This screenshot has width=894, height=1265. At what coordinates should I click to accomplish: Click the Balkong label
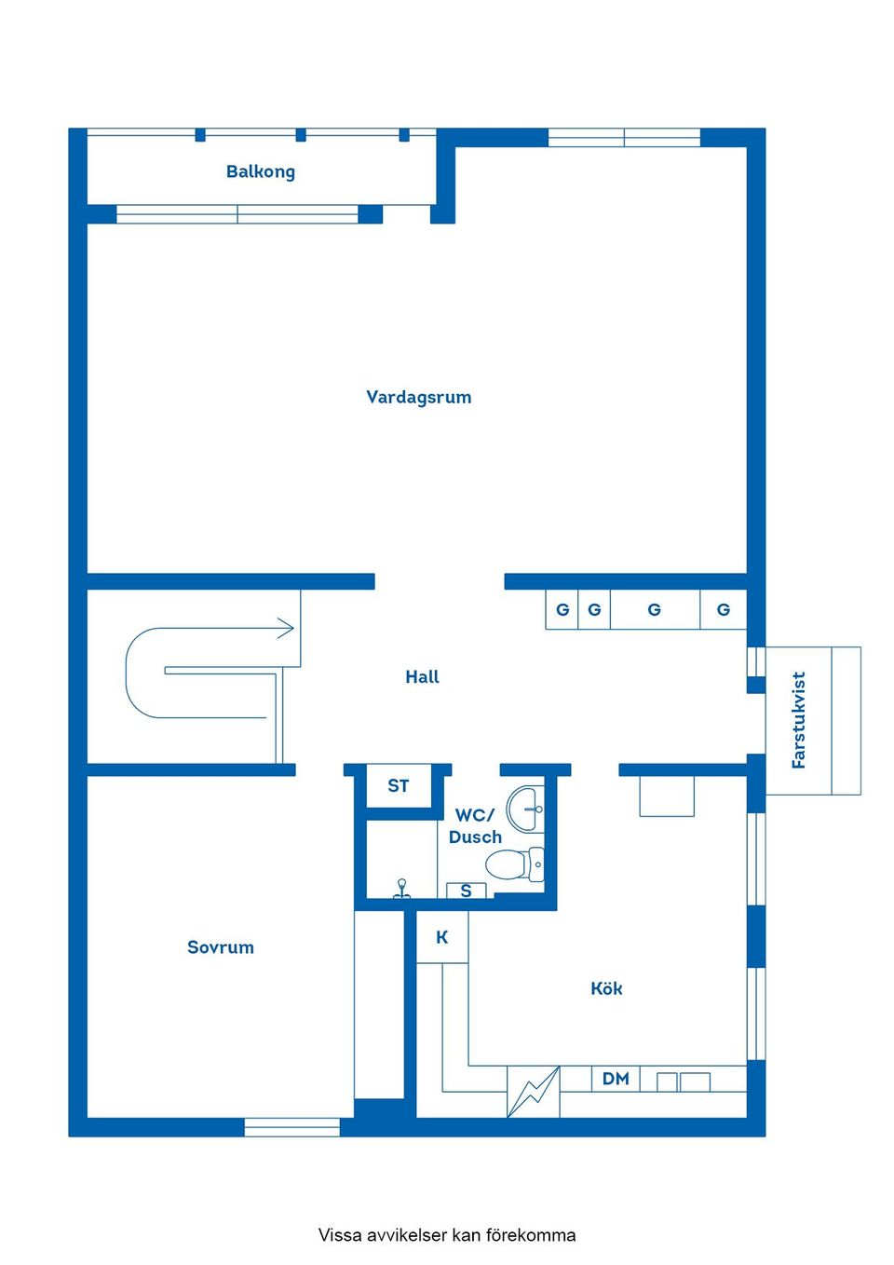click(x=261, y=171)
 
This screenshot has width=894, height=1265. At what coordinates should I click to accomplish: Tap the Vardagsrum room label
click(x=418, y=398)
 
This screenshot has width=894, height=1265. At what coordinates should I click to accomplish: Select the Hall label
click(x=422, y=677)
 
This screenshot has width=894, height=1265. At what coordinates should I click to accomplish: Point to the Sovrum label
click(x=221, y=947)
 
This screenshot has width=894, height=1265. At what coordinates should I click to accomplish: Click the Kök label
click(x=606, y=988)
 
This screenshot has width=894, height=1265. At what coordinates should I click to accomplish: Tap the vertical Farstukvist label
click(x=798, y=720)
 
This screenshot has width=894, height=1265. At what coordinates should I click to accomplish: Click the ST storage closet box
click(x=399, y=786)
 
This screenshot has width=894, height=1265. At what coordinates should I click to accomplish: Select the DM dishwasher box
click(x=616, y=1079)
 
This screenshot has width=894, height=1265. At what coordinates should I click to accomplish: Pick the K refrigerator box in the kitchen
click(x=442, y=937)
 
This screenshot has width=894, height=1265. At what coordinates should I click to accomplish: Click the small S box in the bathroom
click(x=467, y=891)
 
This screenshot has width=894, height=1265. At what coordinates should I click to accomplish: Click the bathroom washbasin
click(x=526, y=808)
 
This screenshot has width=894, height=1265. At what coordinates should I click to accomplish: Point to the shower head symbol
click(x=401, y=888)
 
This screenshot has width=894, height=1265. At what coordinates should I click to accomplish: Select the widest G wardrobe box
click(x=655, y=610)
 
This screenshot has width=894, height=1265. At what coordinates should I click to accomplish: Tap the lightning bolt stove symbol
click(x=534, y=1092)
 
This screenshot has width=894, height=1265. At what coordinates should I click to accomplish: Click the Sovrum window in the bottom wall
click(x=292, y=1127)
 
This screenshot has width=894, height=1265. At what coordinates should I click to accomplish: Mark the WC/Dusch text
click(x=475, y=826)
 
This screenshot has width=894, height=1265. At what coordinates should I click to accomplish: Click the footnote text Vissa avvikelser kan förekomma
click(x=447, y=1235)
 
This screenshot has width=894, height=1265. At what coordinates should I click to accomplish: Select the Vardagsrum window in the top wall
click(x=624, y=138)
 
